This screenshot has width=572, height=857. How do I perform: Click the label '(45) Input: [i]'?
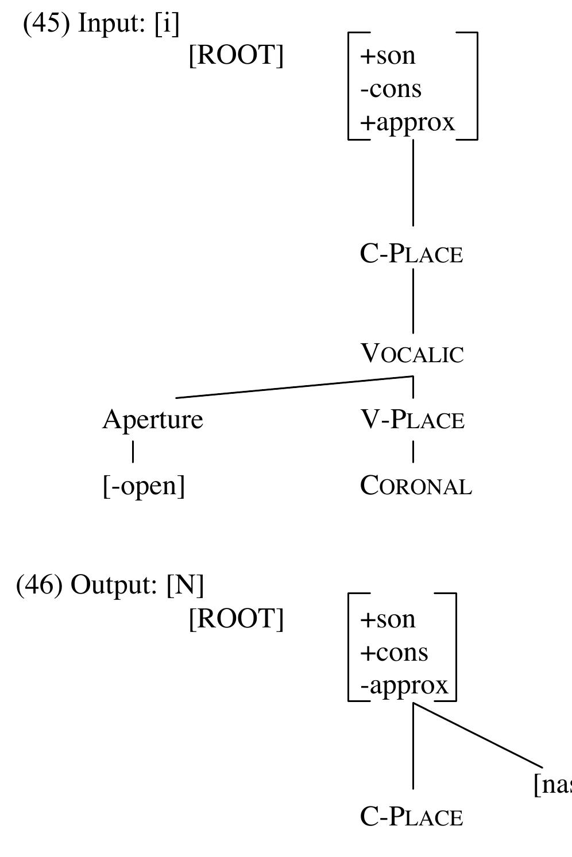[x=101, y=24]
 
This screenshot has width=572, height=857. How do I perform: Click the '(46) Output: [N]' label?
[x=110, y=585]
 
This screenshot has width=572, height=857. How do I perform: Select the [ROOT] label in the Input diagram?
[x=236, y=56]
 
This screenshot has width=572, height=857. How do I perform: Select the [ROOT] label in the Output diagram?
[x=236, y=619]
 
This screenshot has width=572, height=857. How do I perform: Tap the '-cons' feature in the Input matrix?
[x=391, y=89]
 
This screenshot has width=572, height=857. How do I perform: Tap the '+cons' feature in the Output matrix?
[x=394, y=653]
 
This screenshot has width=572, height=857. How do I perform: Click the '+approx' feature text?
[x=407, y=122]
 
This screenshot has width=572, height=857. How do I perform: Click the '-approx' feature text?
[x=404, y=686]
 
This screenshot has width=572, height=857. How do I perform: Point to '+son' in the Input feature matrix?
[x=388, y=56]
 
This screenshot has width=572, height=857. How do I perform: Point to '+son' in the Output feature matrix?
[x=388, y=619]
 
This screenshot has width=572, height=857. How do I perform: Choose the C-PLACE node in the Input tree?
[x=411, y=254]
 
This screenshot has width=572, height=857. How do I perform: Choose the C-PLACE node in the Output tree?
[x=411, y=817]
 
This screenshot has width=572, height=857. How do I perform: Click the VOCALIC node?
[x=412, y=354]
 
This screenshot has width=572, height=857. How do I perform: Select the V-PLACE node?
[x=412, y=420]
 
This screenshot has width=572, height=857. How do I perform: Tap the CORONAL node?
[x=416, y=486]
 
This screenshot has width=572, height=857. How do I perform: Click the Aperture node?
[x=153, y=420]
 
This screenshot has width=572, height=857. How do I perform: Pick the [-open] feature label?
[x=144, y=486]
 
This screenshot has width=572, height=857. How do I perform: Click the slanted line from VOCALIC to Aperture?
[x=293, y=387]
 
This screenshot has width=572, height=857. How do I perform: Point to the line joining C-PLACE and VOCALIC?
[x=413, y=301]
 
